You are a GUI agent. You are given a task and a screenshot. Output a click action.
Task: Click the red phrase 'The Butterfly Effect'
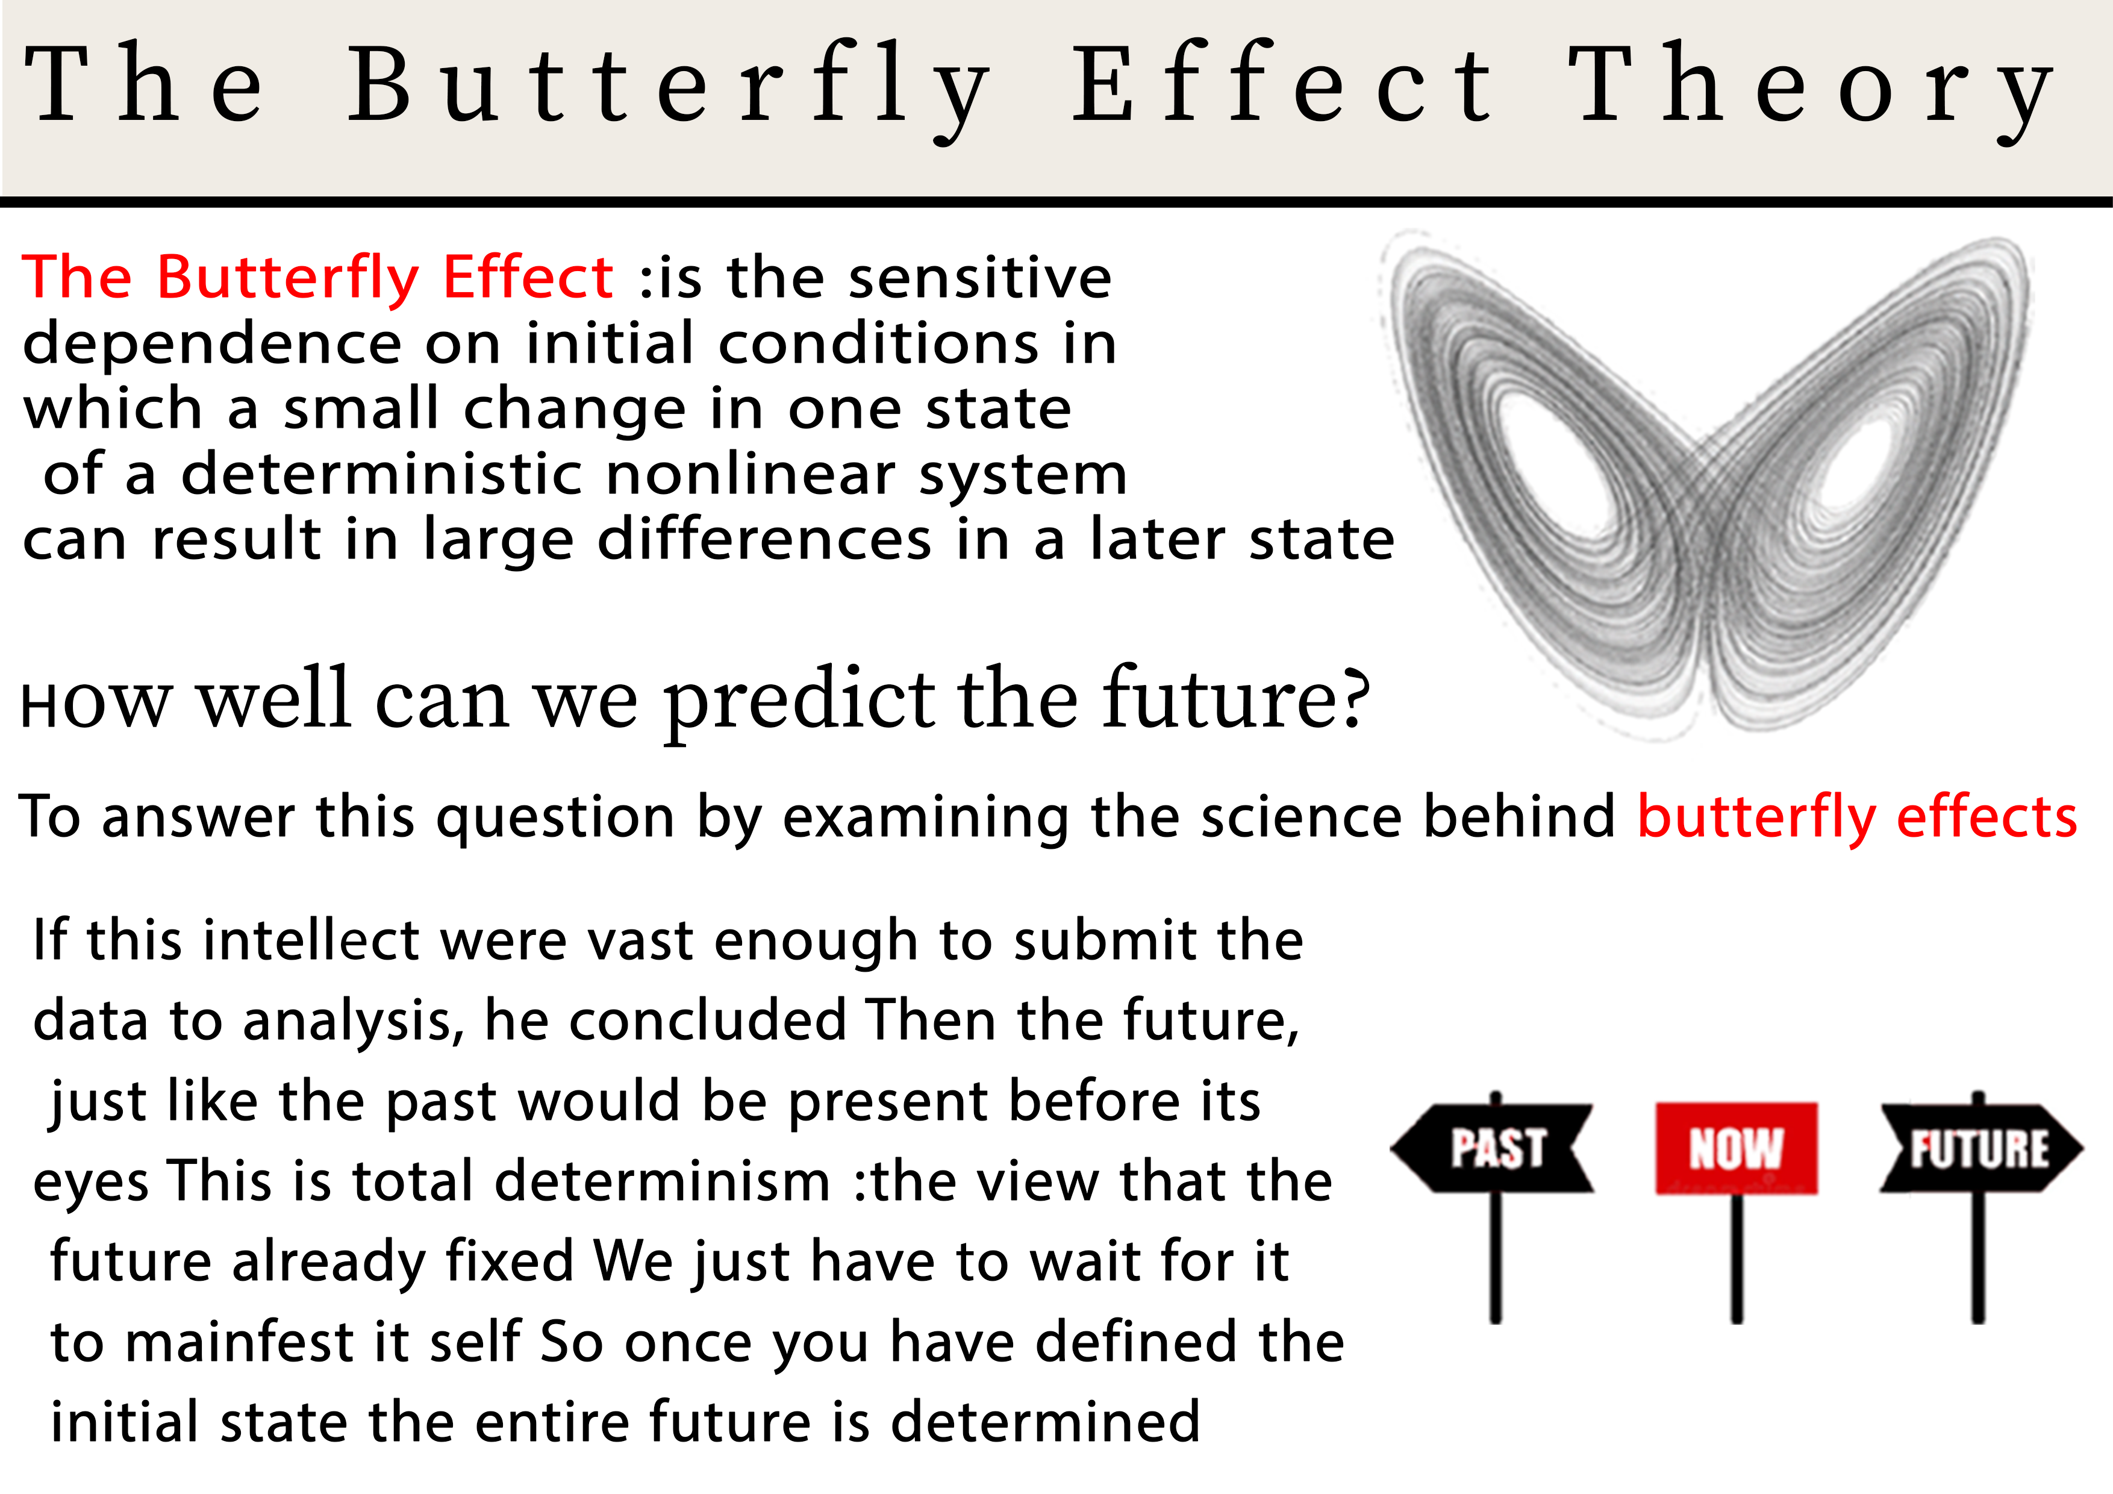317,277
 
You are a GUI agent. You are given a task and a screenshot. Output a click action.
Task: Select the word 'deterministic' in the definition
382,475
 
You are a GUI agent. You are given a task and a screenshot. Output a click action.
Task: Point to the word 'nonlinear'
750,475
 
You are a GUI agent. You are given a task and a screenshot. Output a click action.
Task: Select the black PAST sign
1494,1148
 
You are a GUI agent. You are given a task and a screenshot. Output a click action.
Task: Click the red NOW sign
1736,1148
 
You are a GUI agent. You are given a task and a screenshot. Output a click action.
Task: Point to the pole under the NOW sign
1737,1261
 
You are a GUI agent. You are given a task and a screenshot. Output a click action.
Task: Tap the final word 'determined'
1046,1422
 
